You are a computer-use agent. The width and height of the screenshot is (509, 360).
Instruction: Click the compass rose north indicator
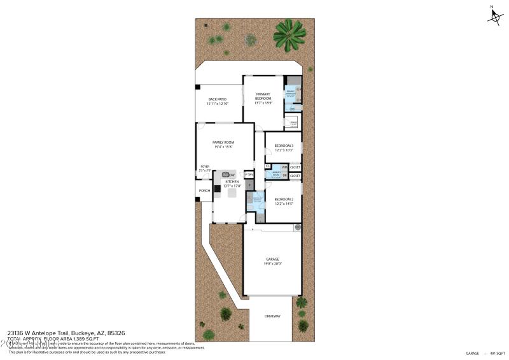pyautogui.click(x=495, y=17)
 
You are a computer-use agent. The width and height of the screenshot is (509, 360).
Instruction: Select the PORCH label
pyautogui.click(x=204, y=191)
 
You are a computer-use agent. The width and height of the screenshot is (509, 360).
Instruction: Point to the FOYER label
pyautogui.click(x=205, y=168)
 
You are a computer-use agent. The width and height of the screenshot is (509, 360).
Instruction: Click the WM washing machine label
pyautogui.click(x=284, y=167)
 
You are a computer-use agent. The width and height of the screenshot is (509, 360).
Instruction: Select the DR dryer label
pyautogui.click(x=284, y=176)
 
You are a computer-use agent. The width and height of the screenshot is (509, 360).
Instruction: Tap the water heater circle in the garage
pyautogui.click(x=296, y=227)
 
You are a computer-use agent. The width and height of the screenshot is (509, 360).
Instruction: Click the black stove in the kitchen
pyautogui.click(x=218, y=188)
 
